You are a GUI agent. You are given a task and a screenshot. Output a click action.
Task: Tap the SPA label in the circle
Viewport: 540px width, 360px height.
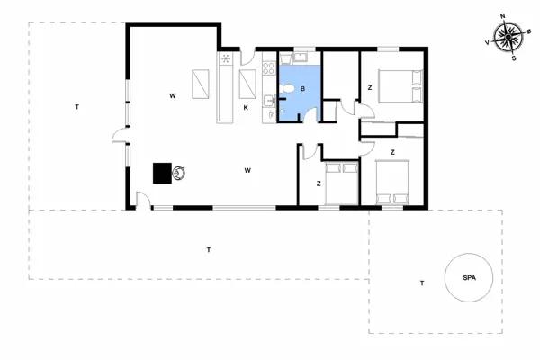tap(469, 278)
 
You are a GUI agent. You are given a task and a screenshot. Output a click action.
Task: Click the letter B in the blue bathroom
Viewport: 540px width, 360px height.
tap(303, 88)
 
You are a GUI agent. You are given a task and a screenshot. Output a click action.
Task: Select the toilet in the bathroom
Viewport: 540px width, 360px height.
tap(287, 87)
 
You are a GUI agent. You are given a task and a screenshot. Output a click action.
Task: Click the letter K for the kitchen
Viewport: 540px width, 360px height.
tap(245, 107)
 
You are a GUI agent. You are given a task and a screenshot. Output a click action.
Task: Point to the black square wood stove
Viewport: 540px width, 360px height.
tap(163, 172)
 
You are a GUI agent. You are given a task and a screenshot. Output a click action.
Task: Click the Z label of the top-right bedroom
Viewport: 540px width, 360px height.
tap(370, 87)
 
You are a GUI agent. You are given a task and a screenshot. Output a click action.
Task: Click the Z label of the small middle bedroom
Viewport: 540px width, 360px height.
tap(319, 184)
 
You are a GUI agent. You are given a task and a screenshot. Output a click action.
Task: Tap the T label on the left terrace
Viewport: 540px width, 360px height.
tap(77, 108)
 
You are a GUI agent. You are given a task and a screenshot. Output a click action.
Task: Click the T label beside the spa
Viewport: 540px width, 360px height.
tap(421, 283)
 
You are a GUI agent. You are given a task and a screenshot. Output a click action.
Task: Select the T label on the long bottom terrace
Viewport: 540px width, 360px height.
tap(208, 249)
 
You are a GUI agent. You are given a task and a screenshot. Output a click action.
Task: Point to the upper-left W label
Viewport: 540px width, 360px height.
tap(171, 94)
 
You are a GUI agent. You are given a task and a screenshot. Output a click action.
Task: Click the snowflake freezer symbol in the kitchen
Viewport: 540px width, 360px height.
tap(226, 60)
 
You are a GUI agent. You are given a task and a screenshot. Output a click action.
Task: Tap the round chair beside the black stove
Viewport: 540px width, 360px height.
tap(181, 172)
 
